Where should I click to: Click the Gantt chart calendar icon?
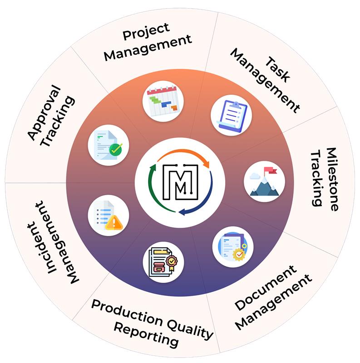pos(163,101)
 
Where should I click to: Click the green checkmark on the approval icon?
pos(116,148)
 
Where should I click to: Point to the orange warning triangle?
pos(114,222)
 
